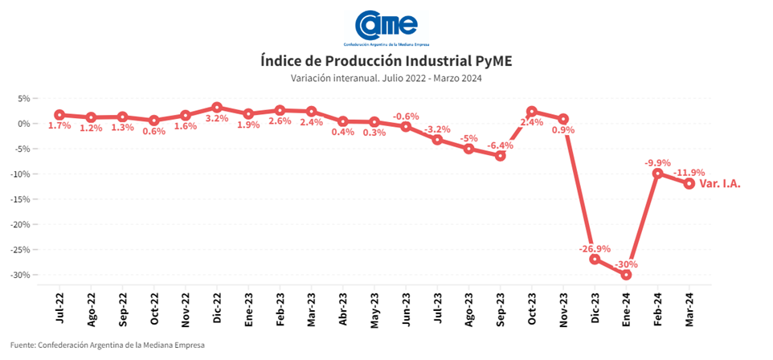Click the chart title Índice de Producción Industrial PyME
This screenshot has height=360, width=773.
[386, 62]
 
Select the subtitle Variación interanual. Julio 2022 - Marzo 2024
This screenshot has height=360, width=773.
[386, 78]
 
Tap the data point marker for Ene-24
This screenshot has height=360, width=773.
[626, 275]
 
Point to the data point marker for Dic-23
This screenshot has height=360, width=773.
[595, 259]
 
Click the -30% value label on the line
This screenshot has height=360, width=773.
[626, 264]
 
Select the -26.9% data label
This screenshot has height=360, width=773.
[595, 248]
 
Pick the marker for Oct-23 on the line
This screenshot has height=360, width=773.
[532, 112]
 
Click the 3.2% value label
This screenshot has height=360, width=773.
[217, 118]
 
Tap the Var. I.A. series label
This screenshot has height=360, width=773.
[719, 183]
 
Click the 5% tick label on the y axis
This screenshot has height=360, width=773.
[23, 98]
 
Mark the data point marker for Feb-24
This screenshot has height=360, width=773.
[657, 174]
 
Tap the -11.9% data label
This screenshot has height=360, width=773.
[689, 172]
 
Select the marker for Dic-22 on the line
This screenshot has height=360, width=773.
[217, 107]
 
